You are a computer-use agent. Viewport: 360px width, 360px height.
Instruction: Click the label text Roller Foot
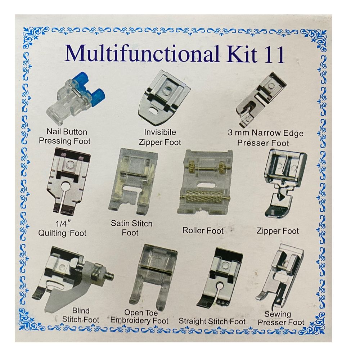point(203,230)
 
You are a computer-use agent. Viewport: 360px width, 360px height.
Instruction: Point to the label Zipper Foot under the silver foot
point(278,231)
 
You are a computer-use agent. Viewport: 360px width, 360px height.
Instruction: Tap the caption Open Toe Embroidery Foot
point(139,316)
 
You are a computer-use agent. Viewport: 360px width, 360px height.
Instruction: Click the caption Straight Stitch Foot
point(212,321)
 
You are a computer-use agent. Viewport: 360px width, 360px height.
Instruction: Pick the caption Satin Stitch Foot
point(131,228)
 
